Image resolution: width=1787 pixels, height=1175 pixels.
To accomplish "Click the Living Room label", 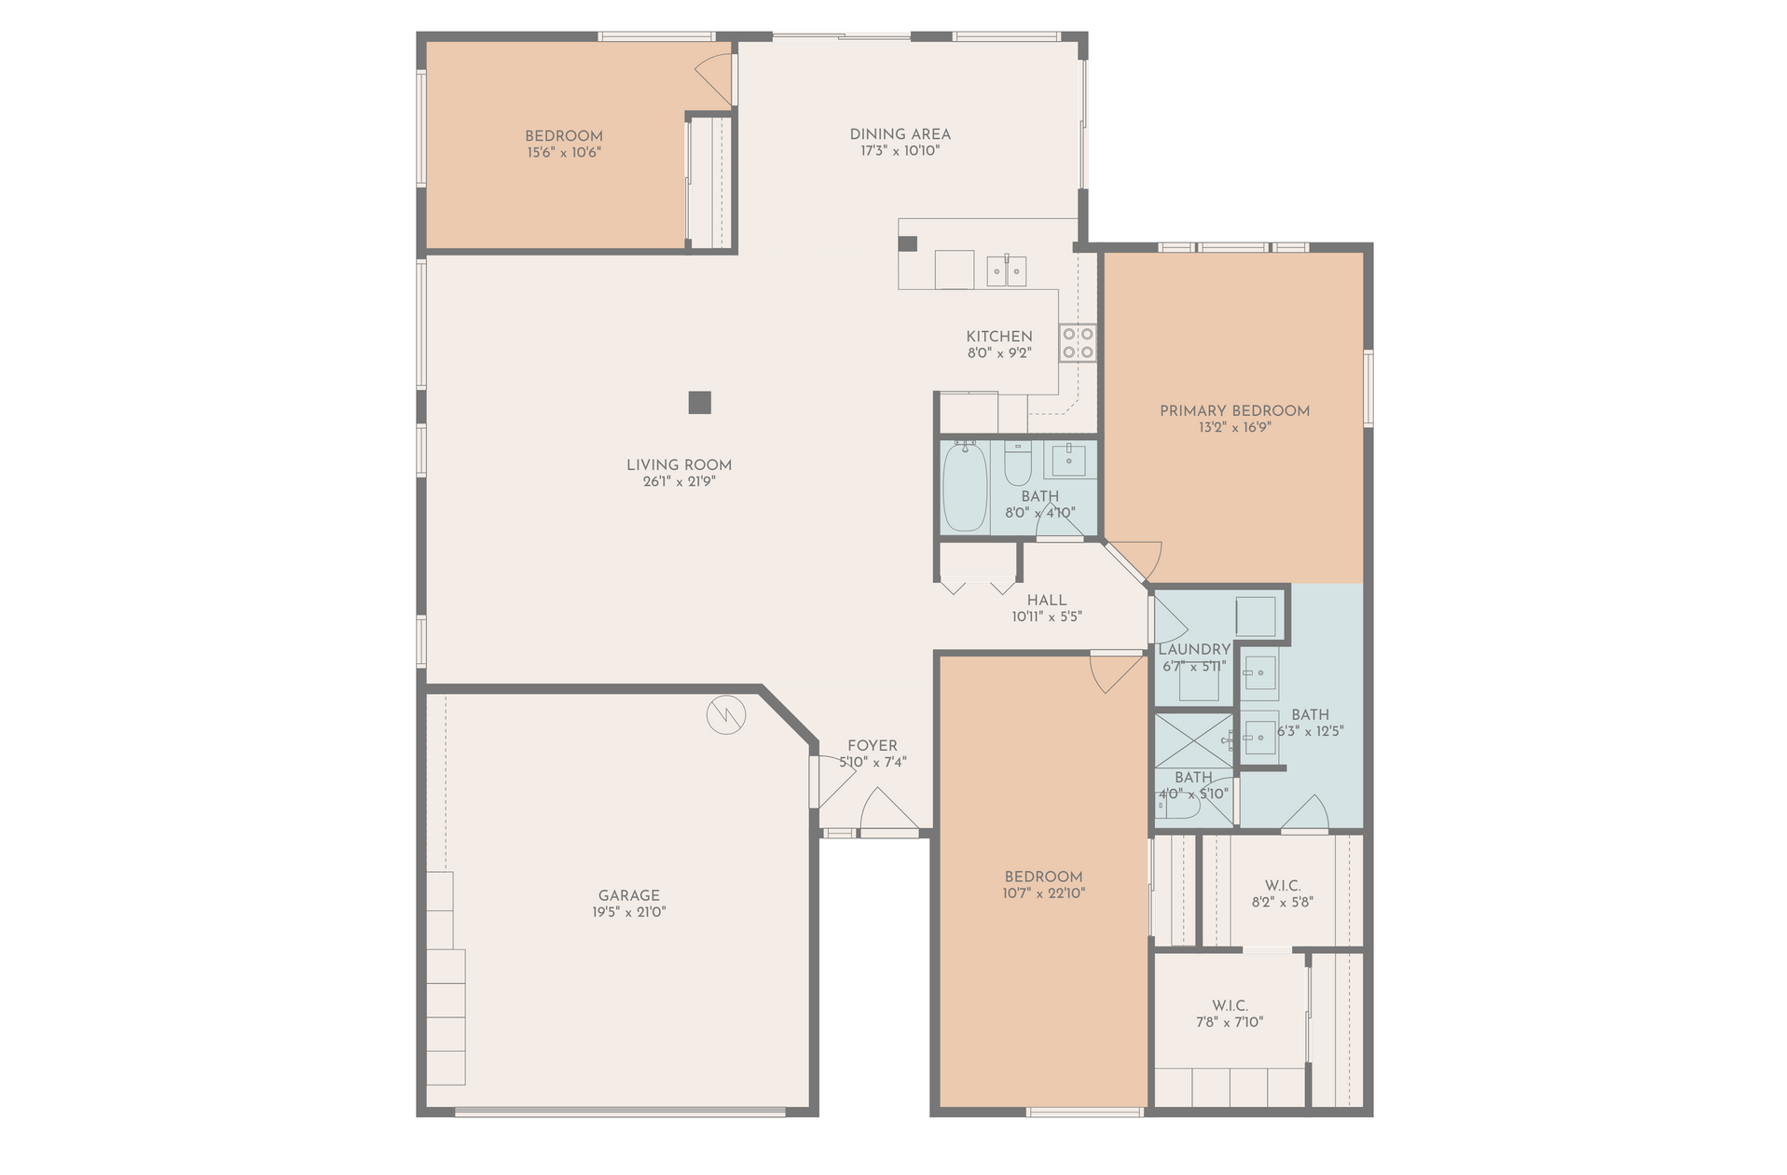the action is (679, 464).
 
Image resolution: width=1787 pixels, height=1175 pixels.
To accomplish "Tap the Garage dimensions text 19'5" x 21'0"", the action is (629, 912).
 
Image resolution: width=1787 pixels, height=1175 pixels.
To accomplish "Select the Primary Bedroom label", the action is (1234, 410).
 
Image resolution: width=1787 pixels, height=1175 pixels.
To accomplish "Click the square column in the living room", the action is (700, 402).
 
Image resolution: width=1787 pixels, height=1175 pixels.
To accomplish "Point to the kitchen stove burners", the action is (1078, 342).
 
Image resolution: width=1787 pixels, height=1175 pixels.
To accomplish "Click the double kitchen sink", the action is (1007, 270).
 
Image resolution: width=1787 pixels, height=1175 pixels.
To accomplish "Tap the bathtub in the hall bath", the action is (965, 487).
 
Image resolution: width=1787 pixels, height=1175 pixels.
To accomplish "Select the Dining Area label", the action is (900, 134).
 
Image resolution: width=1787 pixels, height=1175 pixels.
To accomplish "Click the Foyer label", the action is (873, 746).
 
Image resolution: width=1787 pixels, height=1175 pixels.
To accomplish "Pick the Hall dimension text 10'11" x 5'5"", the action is (1047, 616).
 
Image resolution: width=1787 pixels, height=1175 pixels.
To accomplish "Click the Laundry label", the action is (1194, 649).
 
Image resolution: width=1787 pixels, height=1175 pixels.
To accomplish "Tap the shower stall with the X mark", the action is (1194, 740).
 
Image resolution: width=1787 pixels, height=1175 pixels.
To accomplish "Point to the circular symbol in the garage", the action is (726, 715).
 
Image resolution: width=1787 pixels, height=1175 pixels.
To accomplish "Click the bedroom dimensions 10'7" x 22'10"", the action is (1044, 893).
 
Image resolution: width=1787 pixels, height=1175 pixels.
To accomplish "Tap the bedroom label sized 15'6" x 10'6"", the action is (563, 136).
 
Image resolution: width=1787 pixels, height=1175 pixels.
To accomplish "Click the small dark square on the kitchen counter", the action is (908, 244).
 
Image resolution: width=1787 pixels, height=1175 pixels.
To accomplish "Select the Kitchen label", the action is (999, 337).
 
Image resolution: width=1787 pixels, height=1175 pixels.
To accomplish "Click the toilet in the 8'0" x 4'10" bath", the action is (1017, 463).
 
